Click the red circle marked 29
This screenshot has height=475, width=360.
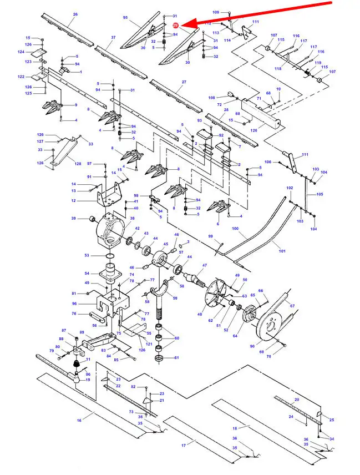pos(175,26)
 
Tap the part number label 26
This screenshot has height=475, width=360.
pos(75,14)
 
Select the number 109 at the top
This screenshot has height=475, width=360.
pos(216,12)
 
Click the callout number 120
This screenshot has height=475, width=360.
pos(253,130)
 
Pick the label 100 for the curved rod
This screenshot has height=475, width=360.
pos(235,229)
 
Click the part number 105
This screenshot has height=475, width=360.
pos(320,195)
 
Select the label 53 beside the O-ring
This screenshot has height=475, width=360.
pos(87,255)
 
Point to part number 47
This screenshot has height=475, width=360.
pos(204,266)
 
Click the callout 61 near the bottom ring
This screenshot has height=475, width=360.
pos(177,358)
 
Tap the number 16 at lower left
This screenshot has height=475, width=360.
pos(79,421)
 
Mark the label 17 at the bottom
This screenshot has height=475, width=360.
pos(184,446)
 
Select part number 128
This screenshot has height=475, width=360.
pos(78,164)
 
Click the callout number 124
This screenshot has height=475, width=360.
pos(21,52)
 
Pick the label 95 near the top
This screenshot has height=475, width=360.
pos(125,18)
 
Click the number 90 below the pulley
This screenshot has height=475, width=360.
pos(252,346)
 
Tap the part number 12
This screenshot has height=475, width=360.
pos(73,200)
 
